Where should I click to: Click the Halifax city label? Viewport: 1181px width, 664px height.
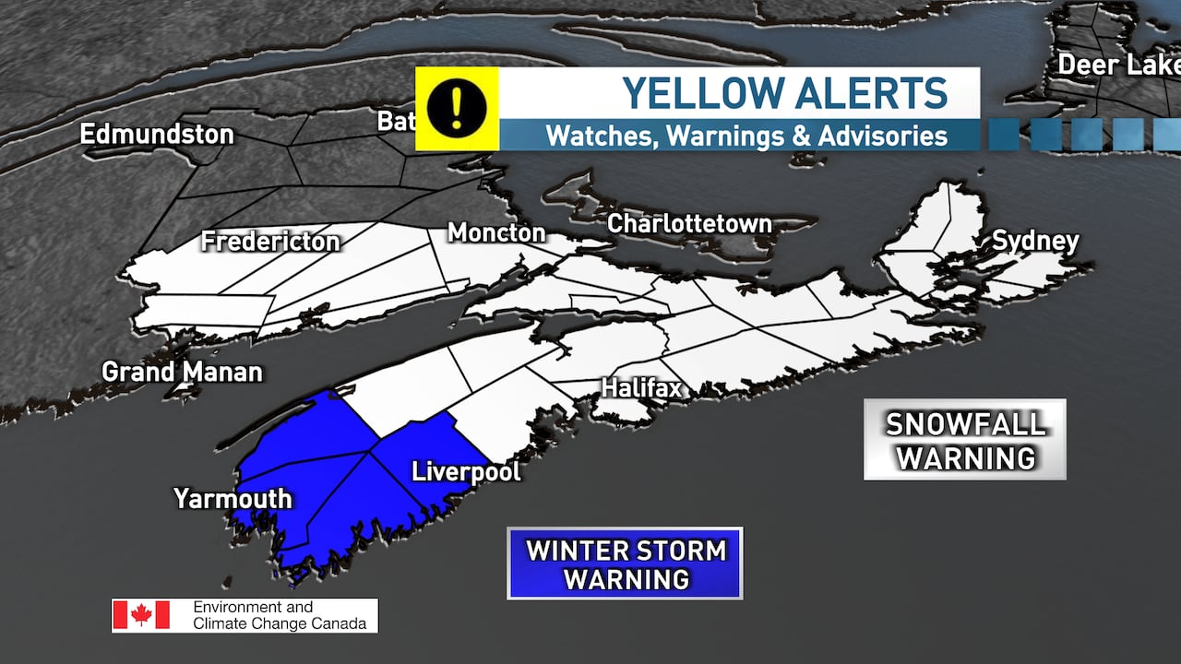(x=641, y=388)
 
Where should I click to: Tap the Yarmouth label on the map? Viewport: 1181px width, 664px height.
(x=233, y=499)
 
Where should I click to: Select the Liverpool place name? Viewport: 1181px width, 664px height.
(x=466, y=471)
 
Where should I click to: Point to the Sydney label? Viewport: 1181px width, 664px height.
(x=1035, y=242)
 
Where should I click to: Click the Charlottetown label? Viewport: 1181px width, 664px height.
(x=689, y=223)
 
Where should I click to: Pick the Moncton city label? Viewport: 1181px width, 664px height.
(x=496, y=232)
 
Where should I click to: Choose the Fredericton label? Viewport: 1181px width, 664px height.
(x=270, y=243)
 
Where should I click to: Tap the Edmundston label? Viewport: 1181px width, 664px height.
(x=157, y=134)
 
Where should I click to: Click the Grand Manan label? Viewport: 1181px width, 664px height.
(x=182, y=373)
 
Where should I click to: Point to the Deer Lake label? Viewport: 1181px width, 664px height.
(x=1117, y=65)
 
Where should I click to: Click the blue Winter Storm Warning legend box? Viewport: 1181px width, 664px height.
(x=625, y=563)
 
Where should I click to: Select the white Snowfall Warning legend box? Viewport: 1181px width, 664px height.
(x=964, y=439)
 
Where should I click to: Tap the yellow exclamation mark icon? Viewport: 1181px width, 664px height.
(x=457, y=108)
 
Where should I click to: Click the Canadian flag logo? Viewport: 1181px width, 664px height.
(x=141, y=615)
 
